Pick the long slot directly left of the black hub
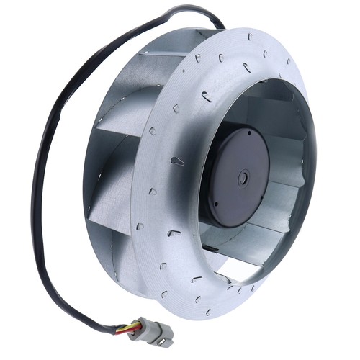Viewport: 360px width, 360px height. coord(176,161)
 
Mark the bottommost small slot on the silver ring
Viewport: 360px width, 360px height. coord(209,312)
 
